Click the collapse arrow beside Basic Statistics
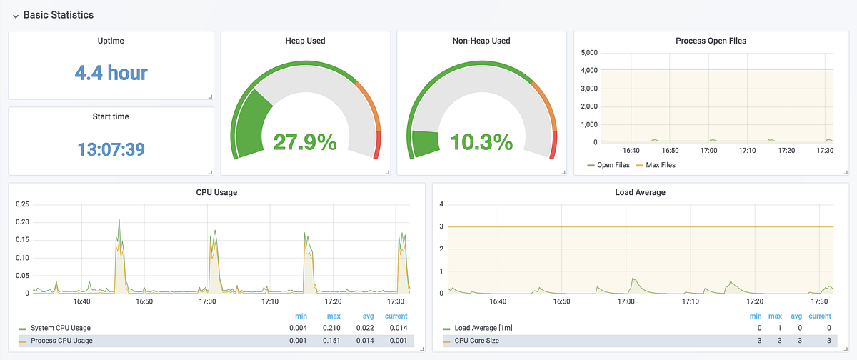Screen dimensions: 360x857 click(15, 15)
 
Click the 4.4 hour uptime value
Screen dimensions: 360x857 click(111, 72)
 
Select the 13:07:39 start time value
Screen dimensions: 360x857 click(111, 149)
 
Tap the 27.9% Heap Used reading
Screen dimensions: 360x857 click(305, 142)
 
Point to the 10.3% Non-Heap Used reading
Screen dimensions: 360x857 click(481, 142)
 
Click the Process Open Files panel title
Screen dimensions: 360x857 click(711, 41)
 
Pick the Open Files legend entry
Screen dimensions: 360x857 click(613, 165)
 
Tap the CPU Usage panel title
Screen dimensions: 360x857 click(216, 192)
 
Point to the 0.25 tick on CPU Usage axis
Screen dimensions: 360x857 click(21, 204)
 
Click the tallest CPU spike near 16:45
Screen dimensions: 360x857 click(119, 220)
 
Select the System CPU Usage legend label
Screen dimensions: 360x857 click(61, 328)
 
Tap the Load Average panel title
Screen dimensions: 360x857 click(639, 192)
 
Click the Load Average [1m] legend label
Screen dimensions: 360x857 click(483, 328)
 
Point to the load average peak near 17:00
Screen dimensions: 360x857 click(633, 279)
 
